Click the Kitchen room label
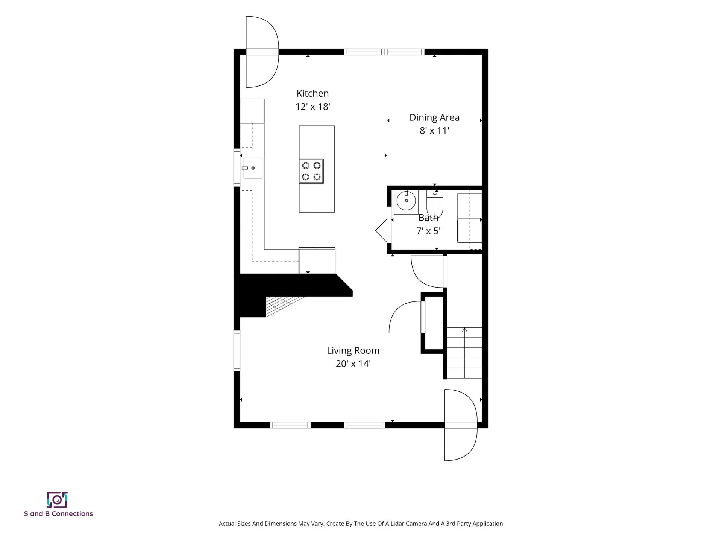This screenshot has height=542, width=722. click(x=312, y=93)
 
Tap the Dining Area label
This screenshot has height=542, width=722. click(x=434, y=117)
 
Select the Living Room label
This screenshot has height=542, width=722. click(x=353, y=351)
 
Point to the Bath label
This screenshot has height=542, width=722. click(x=428, y=218)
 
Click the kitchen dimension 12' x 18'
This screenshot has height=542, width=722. click(x=312, y=107)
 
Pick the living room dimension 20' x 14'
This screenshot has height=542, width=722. click(x=353, y=364)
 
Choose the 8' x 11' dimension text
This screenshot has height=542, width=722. click(x=434, y=131)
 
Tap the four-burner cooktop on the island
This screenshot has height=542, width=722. click(x=311, y=171)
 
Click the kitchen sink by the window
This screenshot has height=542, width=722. click(x=253, y=168)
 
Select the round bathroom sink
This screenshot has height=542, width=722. click(x=406, y=201)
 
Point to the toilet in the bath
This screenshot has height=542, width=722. click(x=435, y=203)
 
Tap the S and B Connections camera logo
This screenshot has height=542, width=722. click(x=57, y=500)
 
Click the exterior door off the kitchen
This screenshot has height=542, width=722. click(x=262, y=52)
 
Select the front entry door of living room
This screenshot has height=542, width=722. click(x=461, y=425)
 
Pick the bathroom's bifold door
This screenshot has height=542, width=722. click(x=384, y=230)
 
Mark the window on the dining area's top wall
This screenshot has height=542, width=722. click(x=384, y=52)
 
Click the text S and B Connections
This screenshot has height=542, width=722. click(x=58, y=514)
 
